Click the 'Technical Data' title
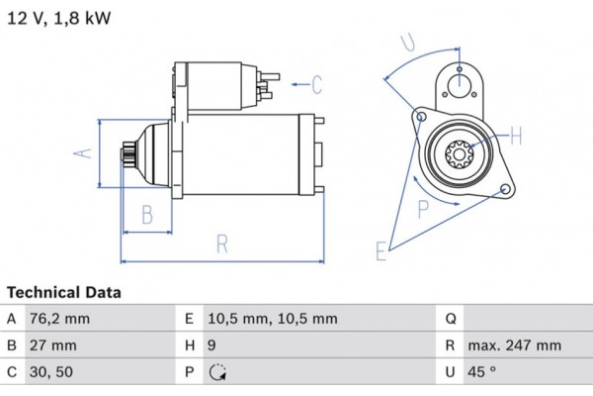click(x=64, y=293)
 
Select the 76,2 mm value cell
click(x=62, y=319)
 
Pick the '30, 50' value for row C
click(x=52, y=372)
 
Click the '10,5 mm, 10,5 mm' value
click(x=273, y=319)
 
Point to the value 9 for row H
click(x=212, y=346)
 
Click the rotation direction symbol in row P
click(x=217, y=372)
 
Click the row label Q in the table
click(x=450, y=319)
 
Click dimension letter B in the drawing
click(x=146, y=214)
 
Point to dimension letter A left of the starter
click(x=84, y=151)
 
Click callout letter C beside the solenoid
click(x=317, y=85)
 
